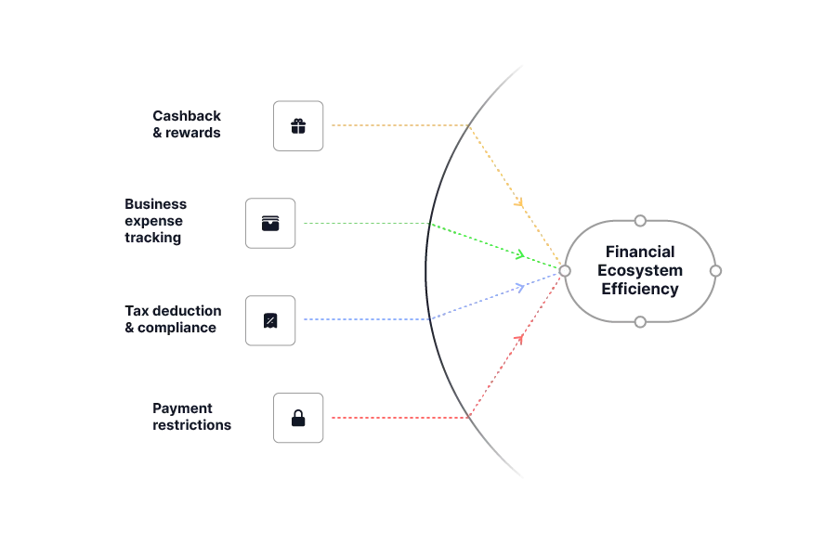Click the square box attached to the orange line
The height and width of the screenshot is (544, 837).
[x=297, y=125]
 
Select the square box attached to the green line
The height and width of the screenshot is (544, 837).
[x=271, y=223]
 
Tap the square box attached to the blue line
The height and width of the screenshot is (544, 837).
[x=271, y=319]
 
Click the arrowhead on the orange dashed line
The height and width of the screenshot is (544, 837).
[x=519, y=201]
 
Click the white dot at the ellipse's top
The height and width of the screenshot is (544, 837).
[x=639, y=221]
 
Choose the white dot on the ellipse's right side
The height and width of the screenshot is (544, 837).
[x=715, y=271]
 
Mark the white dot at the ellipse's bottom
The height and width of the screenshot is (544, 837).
[x=639, y=321]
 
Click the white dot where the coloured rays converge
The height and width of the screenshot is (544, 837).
[x=563, y=271]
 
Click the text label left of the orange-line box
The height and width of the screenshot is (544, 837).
[x=187, y=123]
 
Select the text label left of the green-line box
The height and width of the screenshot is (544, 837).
[x=155, y=223]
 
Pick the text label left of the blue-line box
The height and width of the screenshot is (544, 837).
[x=171, y=319]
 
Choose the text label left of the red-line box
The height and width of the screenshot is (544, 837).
[x=191, y=416]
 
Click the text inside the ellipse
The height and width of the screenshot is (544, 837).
[x=639, y=271]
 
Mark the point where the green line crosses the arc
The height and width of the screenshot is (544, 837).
[x=427, y=225]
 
